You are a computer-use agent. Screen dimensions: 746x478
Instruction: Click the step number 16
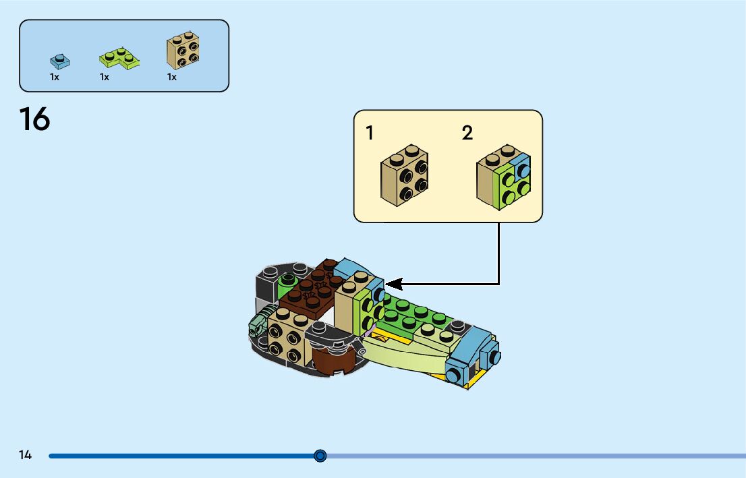34,120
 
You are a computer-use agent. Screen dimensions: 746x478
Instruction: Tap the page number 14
25,455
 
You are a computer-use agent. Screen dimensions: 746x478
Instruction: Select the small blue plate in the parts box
60,61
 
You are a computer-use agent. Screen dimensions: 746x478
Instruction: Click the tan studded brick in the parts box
183,51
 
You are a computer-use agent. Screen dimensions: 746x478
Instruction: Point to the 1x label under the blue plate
55,78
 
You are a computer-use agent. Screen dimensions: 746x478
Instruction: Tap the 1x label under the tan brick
172,78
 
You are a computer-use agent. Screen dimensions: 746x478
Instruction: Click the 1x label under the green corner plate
105,78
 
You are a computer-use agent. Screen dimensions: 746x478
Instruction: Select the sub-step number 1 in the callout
370,133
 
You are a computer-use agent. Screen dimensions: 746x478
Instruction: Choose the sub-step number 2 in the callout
467,133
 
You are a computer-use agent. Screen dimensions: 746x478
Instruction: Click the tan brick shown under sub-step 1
405,175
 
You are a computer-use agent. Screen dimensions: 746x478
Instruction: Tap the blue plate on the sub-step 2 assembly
521,167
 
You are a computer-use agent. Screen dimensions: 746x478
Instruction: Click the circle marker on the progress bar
320,456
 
